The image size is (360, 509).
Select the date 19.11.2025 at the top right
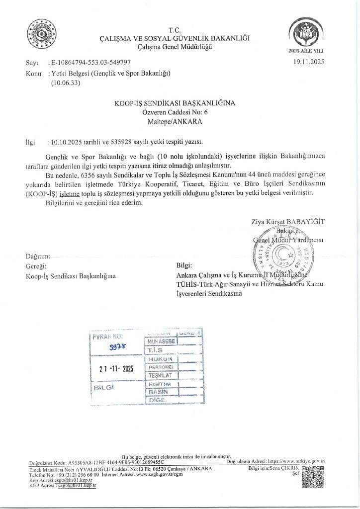pos(309,63)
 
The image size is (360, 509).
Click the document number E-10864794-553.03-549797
pos(90,63)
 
